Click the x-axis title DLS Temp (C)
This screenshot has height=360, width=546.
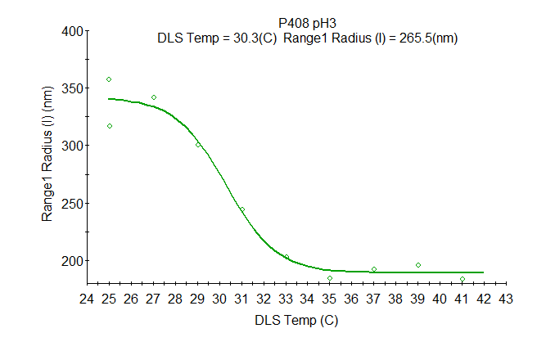coord(296,321)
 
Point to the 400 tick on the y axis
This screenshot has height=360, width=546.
coord(74,31)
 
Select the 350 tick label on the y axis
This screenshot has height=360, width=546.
coord(74,88)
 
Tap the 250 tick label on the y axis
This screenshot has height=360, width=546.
coord(74,203)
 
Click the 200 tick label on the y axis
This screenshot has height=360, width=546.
coord(74,260)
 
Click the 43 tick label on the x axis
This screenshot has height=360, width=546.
coord(506,299)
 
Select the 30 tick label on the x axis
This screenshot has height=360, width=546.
coord(219,299)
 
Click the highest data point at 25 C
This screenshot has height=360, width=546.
coord(109,79)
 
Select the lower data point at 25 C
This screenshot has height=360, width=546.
coord(109,126)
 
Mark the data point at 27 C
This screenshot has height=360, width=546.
coord(153,97)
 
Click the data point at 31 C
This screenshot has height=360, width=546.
coord(241,209)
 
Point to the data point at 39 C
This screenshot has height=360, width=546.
coord(418,265)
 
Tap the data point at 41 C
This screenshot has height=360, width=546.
coord(463,279)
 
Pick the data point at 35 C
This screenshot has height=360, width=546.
coord(330,278)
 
